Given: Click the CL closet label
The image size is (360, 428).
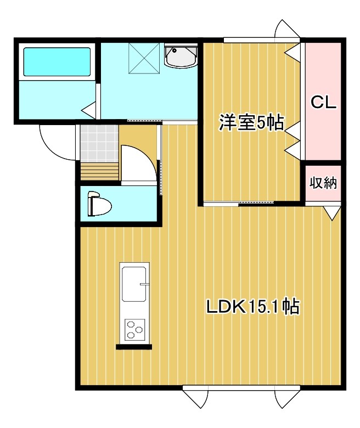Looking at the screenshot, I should point(323,103).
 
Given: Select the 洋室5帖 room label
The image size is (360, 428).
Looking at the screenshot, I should point(251,123).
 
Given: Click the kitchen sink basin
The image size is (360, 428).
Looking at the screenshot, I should point(135,284).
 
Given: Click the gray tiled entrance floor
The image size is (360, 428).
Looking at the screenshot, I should point(99,143).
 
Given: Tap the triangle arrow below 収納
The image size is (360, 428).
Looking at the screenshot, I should point(331,212).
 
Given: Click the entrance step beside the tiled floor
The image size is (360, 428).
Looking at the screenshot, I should point(99,171).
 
